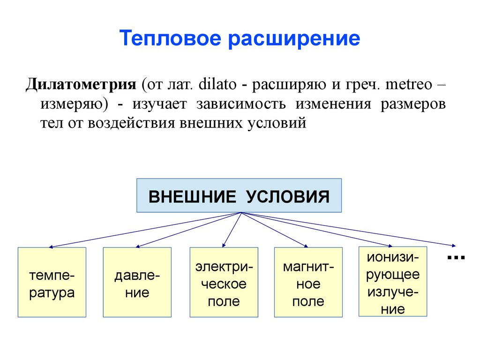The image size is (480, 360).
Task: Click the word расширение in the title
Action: [x=294, y=38]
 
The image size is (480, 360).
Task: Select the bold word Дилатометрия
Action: [x=80, y=86]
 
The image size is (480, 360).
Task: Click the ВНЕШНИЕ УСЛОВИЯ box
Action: [x=239, y=195]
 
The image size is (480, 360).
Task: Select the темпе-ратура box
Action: [x=52, y=282]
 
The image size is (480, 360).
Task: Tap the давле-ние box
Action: [x=137, y=282]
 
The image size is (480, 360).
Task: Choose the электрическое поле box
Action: [x=224, y=282]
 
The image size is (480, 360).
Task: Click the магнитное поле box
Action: [x=308, y=282]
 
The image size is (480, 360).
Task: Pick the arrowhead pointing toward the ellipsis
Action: [x=453, y=246]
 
